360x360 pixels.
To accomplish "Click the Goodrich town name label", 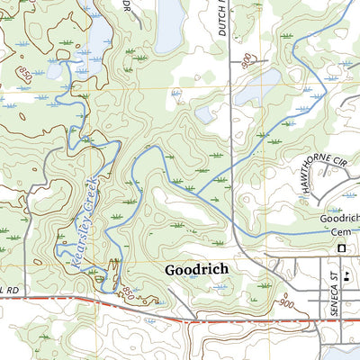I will pyautogui.click(x=196, y=269).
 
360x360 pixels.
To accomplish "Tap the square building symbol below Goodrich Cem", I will pyautogui.click(x=341, y=247).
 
